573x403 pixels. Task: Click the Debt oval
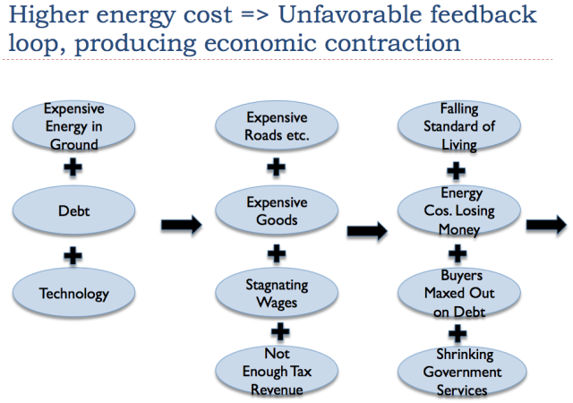(x=73, y=210)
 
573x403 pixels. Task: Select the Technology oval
(x=73, y=293)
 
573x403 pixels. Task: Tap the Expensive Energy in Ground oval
(x=73, y=125)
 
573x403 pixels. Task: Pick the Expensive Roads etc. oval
(x=277, y=125)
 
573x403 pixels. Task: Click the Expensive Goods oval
(x=277, y=210)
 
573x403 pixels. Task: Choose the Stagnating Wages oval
(x=277, y=293)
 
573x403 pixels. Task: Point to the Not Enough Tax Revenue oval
(x=277, y=371)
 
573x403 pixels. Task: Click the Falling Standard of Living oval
(x=459, y=125)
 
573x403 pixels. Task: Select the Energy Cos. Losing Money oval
(x=459, y=210)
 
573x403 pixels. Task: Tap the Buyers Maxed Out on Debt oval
(x=459, y=293)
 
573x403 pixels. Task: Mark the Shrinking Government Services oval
(x=462, y=371)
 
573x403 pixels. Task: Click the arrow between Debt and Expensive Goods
(x=181, y=225)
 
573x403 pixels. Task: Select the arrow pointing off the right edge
(x=546, y=225)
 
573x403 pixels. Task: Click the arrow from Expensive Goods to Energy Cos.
(x=367, y=231)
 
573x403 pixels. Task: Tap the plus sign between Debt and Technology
(x=73, y=255)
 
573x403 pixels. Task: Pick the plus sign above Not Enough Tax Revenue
(x=280, y=332)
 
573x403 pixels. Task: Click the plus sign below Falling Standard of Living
(x=456, y=171)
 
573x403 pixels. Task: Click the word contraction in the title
(x=392, y=43)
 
